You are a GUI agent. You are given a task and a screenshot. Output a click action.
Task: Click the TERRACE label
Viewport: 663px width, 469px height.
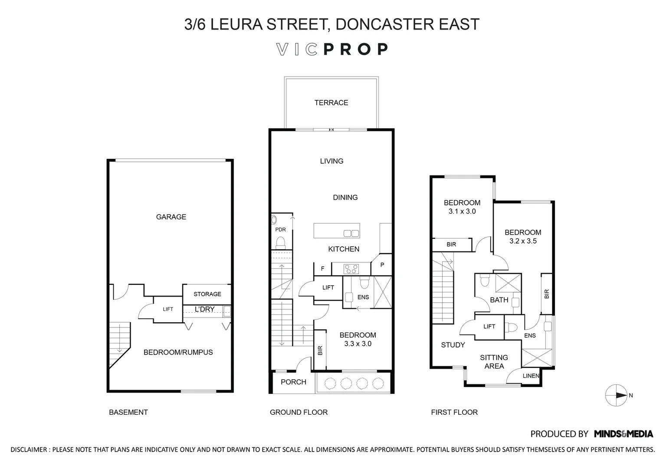331,103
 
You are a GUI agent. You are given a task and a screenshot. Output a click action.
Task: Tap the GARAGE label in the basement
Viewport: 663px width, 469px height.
171,217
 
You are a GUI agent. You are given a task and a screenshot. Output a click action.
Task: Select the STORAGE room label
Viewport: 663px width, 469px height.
207,294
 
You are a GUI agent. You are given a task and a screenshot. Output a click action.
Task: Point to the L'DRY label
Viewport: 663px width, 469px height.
204,309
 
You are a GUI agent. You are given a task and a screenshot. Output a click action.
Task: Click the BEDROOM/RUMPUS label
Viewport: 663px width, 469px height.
178,352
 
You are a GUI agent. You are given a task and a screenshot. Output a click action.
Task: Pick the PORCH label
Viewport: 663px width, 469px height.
293,382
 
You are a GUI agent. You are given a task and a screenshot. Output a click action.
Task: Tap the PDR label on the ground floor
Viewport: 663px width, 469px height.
280,229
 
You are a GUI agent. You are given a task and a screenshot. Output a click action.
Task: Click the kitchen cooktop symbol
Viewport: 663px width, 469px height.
351,269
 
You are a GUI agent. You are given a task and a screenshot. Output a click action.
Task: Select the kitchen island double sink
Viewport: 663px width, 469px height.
351,233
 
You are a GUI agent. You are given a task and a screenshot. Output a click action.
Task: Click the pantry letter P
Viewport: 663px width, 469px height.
382,265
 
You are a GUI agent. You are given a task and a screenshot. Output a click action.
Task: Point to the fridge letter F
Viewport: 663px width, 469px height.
322,269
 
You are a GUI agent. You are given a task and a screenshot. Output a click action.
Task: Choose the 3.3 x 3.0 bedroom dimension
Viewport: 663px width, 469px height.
358,343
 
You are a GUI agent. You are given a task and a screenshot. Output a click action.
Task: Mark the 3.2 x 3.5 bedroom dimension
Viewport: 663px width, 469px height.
523,241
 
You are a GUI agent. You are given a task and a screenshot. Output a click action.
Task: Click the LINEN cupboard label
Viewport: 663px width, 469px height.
531,376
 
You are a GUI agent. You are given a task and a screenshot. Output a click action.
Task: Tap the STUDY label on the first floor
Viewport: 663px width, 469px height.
453,345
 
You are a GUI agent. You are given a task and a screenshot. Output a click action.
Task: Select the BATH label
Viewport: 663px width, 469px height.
499,300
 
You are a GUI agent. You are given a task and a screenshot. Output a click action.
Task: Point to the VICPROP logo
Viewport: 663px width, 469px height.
332,50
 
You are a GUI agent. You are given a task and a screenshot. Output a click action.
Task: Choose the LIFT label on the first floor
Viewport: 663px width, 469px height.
489,327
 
